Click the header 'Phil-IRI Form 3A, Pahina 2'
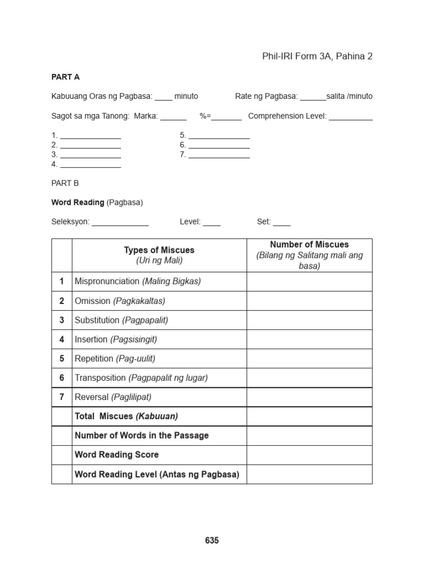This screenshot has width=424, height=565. click(317, 56)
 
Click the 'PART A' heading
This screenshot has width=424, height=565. click(66, 77)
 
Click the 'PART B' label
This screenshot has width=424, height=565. click(65, 183)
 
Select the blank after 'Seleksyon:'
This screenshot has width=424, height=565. click(120, 223)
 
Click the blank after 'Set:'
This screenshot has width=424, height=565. click(282, 223)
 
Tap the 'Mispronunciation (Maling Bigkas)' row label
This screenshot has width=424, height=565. click(137, 281)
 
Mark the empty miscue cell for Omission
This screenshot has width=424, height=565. click(309, 301)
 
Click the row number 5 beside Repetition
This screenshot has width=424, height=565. click(62, 359)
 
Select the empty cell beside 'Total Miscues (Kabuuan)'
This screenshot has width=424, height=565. click(309, 417)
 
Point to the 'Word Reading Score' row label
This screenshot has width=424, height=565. click(116, 455)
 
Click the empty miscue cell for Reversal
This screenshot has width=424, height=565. click(309, 397)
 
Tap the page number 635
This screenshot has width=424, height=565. click(212, 541)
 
